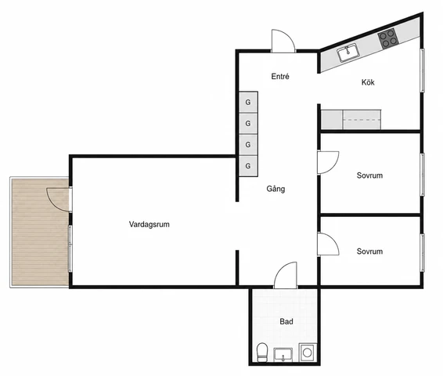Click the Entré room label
(280, 76)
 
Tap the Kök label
(368, 82)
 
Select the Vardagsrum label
(149, 225)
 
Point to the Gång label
(276, 189)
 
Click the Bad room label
(286, 321)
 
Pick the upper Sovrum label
(369, 175)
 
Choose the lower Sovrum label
(369, 251)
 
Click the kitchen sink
(348, 52)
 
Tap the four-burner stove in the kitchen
(388, 38)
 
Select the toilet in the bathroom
(262, 352)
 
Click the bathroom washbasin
(283, 355)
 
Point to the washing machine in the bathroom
(308, 352)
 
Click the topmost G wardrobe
(248, 102)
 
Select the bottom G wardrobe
(248, 166)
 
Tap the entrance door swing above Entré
(283, 41)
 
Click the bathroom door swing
(286, 275)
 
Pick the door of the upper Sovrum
(328, 162)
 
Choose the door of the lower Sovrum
(328, 244)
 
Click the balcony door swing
(58, 199)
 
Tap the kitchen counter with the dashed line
(362, 120)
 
